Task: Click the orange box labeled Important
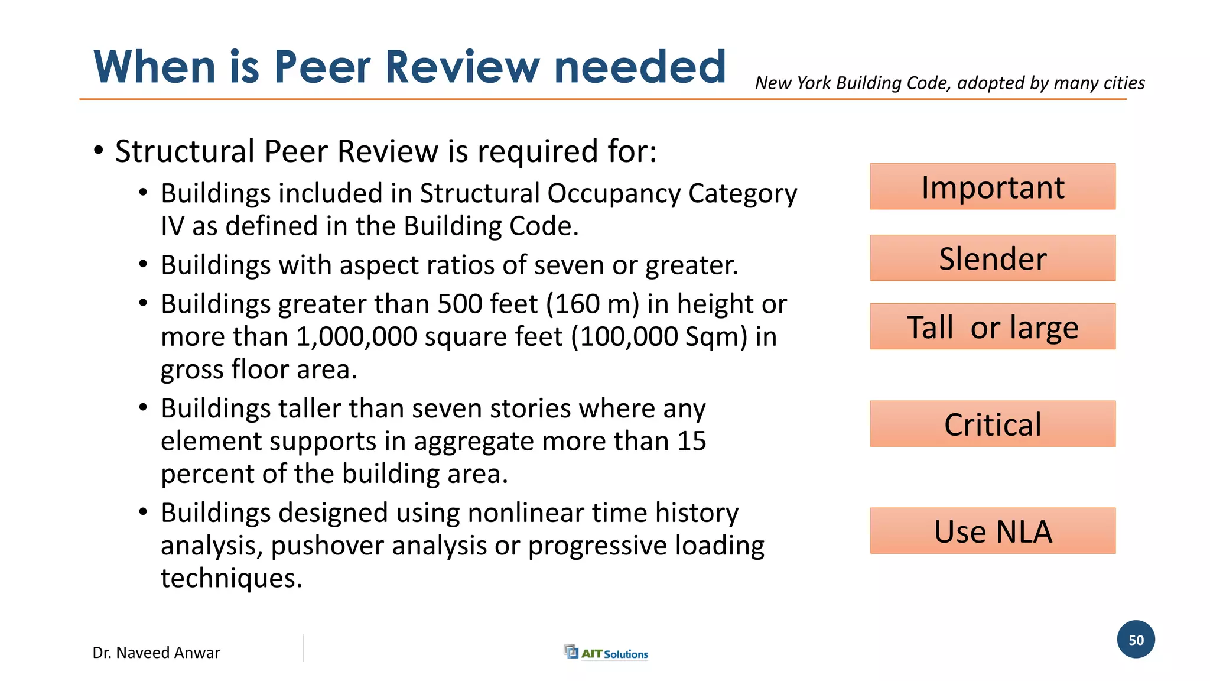993,187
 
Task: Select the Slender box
993,258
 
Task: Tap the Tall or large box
993,327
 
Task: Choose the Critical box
993,424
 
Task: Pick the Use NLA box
993,531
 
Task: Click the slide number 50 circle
1136,640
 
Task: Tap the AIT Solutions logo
607,653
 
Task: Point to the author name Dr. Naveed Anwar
156,653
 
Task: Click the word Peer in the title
323,67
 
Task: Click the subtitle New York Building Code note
949,83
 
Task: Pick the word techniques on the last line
231,578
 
